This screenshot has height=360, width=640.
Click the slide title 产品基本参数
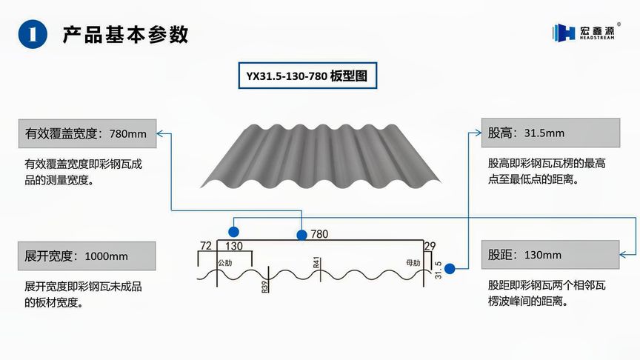pos(125,34)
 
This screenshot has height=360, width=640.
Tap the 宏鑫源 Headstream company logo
pos(584,33)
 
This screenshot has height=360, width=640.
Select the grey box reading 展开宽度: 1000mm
pos(87,256)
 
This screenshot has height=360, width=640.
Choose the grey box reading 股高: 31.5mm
pos(550,133)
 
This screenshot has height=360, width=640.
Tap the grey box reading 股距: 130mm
pos(550,255)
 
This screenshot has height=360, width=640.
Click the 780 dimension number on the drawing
pos(319,234)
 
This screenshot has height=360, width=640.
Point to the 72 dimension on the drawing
pos(206,245)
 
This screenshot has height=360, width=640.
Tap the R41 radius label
pos(316,262)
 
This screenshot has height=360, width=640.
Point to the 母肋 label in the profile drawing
pos(413,263)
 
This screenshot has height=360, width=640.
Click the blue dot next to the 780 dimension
pos(301,235)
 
